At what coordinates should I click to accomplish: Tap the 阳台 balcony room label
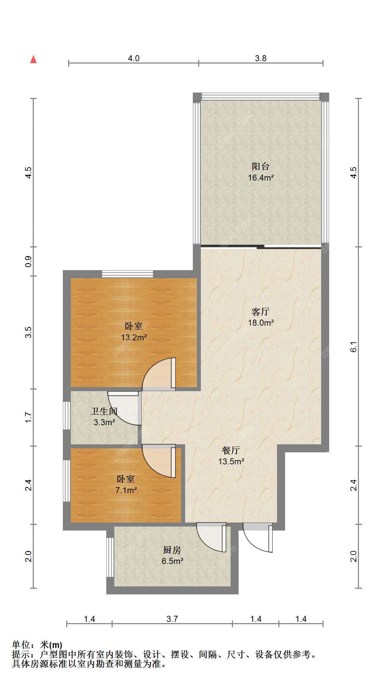(261, 166)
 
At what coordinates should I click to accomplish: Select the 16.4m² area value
(261, 178)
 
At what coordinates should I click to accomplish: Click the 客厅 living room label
(261, 312)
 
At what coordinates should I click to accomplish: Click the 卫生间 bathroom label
(104, 411)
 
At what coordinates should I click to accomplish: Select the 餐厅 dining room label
(231, 450)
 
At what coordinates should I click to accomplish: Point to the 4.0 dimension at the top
(134, 59)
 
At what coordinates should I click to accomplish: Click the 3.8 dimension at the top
(261, 59)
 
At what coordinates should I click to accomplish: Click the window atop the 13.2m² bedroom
(127, 274)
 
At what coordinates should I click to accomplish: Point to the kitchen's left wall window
(110, 557)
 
